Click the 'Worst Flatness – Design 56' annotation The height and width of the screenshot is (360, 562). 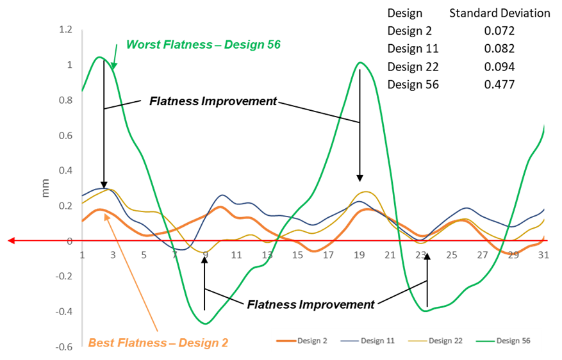[203, 45]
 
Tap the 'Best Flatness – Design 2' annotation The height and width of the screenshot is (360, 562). [158, 343]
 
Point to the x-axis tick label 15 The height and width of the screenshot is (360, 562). [297, 255]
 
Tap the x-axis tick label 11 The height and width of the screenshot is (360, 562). [236, 255]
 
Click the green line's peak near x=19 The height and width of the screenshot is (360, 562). [360, 62]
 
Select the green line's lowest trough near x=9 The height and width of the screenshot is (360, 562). [205, 323]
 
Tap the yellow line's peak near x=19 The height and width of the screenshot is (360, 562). [364, 192]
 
